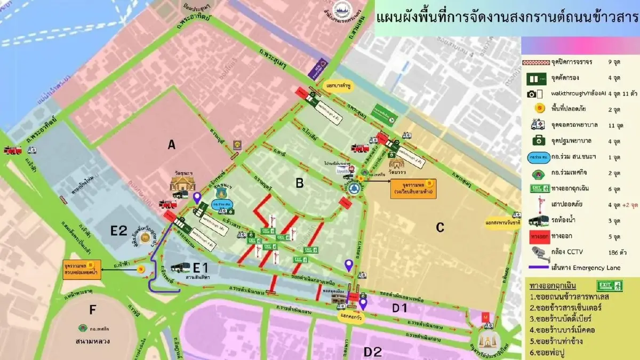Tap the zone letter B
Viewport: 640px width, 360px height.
pos(300,183)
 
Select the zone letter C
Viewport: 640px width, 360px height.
pos(440,227)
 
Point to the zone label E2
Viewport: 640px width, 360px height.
pos(118,231)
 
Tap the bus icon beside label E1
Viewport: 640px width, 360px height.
pos(180,268)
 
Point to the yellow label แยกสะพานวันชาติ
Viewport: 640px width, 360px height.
pos(503,223)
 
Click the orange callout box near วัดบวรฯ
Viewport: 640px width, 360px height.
pos(413,189)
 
